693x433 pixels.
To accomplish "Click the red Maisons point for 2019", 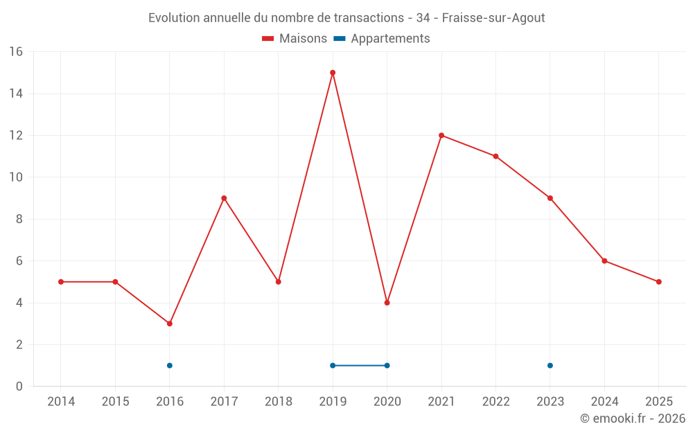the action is coord(333,73).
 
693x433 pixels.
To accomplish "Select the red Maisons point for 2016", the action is coord(170,324).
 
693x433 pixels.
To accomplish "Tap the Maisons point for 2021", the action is coord(441,136).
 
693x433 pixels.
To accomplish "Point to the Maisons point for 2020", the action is coord(387,303).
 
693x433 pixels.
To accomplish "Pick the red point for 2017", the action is coord(224,198).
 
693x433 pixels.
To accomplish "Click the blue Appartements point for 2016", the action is coord(170,366).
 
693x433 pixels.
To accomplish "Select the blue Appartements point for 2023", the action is coord(550,366).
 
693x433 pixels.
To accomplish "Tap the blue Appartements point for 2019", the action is coord(333,366).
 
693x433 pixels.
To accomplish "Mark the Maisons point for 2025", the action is coord(659,282).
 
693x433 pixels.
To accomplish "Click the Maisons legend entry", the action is coord(295,39).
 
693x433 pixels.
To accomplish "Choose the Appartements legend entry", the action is coord(382,39).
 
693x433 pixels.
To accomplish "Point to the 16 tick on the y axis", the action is coord(16,52).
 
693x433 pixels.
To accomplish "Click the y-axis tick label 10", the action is coord(16,177).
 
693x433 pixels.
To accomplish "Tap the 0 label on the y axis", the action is coord(19,387).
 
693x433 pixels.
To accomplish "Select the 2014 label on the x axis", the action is coord(61,402).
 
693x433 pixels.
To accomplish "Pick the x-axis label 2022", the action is coord(496,402).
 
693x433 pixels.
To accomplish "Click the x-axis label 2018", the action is coord(279,402).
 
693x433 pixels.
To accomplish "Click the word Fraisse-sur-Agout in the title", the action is coord(493,18).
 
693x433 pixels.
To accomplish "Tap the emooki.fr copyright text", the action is coord(633,418).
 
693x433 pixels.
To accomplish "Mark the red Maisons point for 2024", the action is coord(604,261).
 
